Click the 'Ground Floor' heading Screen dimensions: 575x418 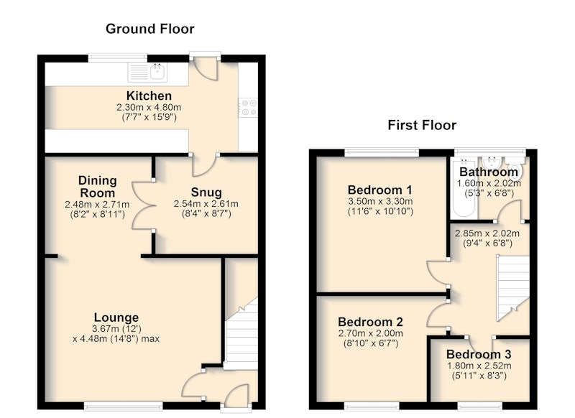pos(150,29)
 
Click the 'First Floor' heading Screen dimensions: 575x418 pos(422,125)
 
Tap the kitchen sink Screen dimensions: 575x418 pos(147,72)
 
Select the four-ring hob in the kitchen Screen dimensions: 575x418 pos(248,108)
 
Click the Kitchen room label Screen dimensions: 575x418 pos(149,96)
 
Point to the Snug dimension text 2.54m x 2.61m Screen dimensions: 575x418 pos(206,204)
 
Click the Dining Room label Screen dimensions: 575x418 pos(98,187)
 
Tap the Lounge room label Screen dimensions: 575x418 pos(116,317)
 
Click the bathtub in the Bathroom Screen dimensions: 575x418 pos(464,187)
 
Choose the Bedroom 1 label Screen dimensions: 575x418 pos(380,190)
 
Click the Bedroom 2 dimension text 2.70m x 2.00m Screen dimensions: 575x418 pos(370,333)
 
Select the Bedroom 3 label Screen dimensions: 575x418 pos(479,354)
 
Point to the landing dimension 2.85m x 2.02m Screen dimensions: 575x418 pos(487,233)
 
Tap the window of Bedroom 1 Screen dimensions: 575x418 pos(382,151)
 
